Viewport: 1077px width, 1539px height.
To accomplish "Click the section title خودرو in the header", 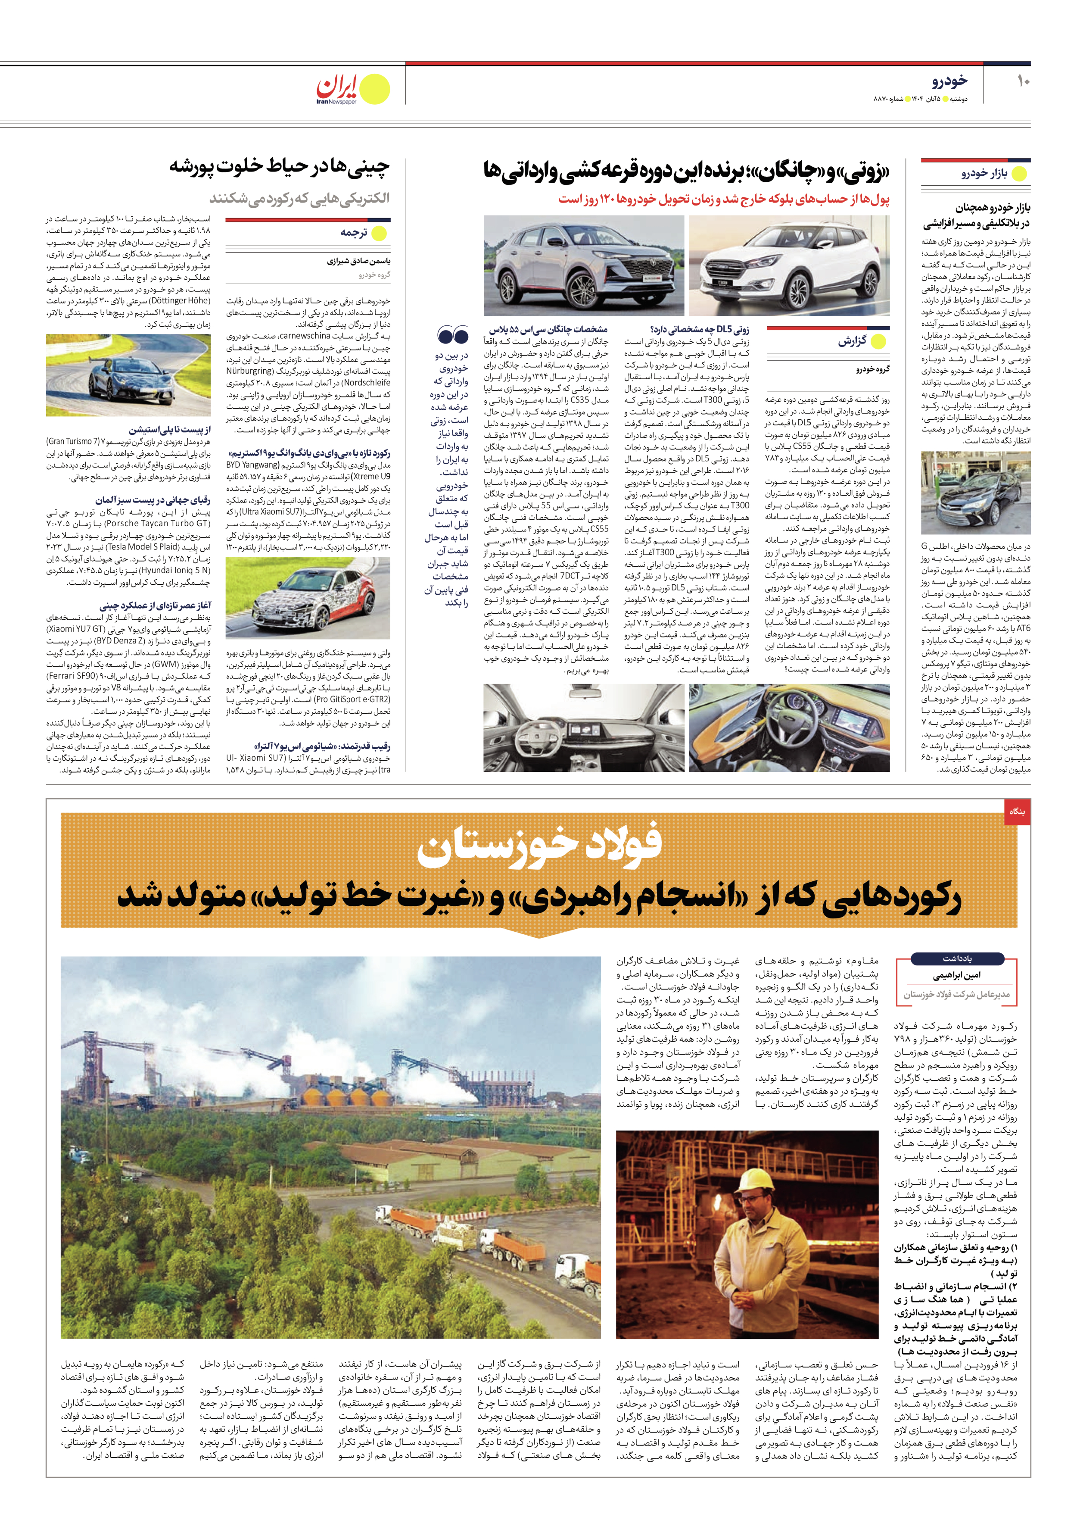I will click(x=949, y=81).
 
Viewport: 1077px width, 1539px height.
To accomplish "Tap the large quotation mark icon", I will click(x=452, y=334).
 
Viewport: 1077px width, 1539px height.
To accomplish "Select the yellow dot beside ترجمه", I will click(x=380, y=233).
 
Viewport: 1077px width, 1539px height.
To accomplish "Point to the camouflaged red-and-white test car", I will click(x=307, y=598).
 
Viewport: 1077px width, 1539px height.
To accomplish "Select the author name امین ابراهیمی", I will click(x=956, y=976).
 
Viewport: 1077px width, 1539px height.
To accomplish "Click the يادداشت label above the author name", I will click(x=956, y=958).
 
